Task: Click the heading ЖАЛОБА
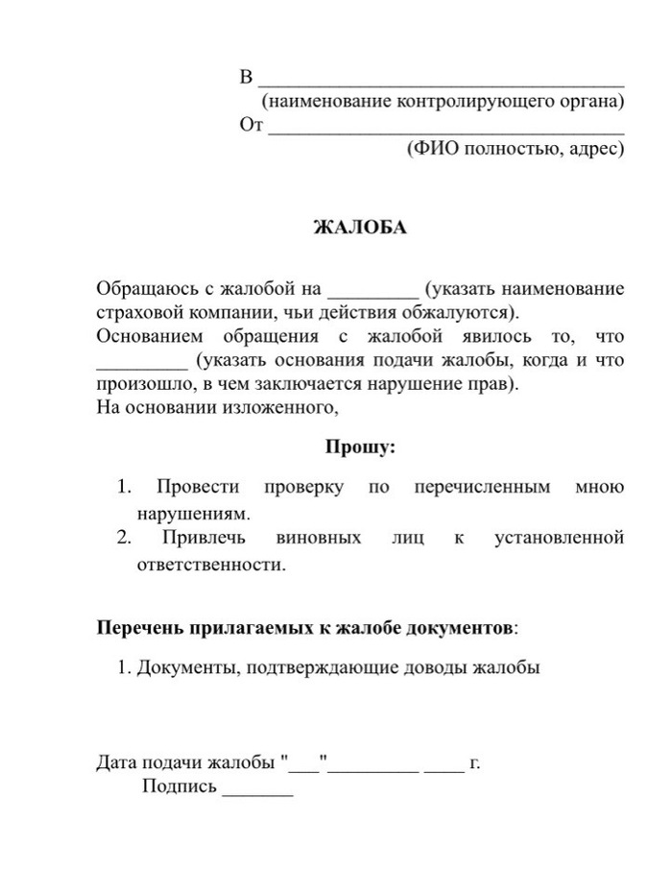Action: [x=360, y=228]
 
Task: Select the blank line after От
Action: [x=446, y=130]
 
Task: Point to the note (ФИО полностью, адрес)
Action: [x=516, y=149]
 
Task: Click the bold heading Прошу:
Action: [x=360, y=446]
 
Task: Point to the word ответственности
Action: [x=211, y=565]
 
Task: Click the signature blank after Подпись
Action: [x=257, y=793]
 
